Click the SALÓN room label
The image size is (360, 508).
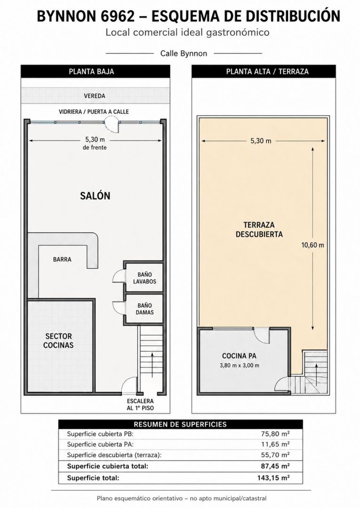point(95,196)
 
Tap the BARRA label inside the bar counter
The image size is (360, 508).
point(62,260)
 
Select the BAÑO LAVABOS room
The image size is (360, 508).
point(144,278)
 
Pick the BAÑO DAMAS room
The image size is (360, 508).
point(144,309)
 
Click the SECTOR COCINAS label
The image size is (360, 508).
point(58,341)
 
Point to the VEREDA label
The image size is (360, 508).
point(95,96)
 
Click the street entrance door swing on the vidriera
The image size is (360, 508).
point(112,125)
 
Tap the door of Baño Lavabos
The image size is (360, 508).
point(119,278)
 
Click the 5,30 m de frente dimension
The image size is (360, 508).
point(95,143)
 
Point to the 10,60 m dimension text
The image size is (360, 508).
point(312,245)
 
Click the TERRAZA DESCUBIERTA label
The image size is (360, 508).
point(259,230)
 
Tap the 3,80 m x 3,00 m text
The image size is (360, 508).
point(240,366)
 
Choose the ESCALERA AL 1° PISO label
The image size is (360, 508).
point(140,405)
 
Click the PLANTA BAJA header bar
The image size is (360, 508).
point(95,71)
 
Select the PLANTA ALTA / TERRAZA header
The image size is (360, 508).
point(264,71)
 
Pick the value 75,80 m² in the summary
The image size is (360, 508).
point(275,434)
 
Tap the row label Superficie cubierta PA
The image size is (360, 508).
point(100,444)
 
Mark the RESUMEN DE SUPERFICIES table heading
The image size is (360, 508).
point(181,424)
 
